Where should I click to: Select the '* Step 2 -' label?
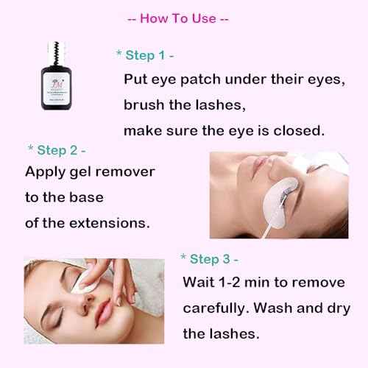[x=57, y=149]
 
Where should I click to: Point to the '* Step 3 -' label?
[x=210, y=259]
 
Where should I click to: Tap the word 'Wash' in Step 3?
[x=294, y=308]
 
